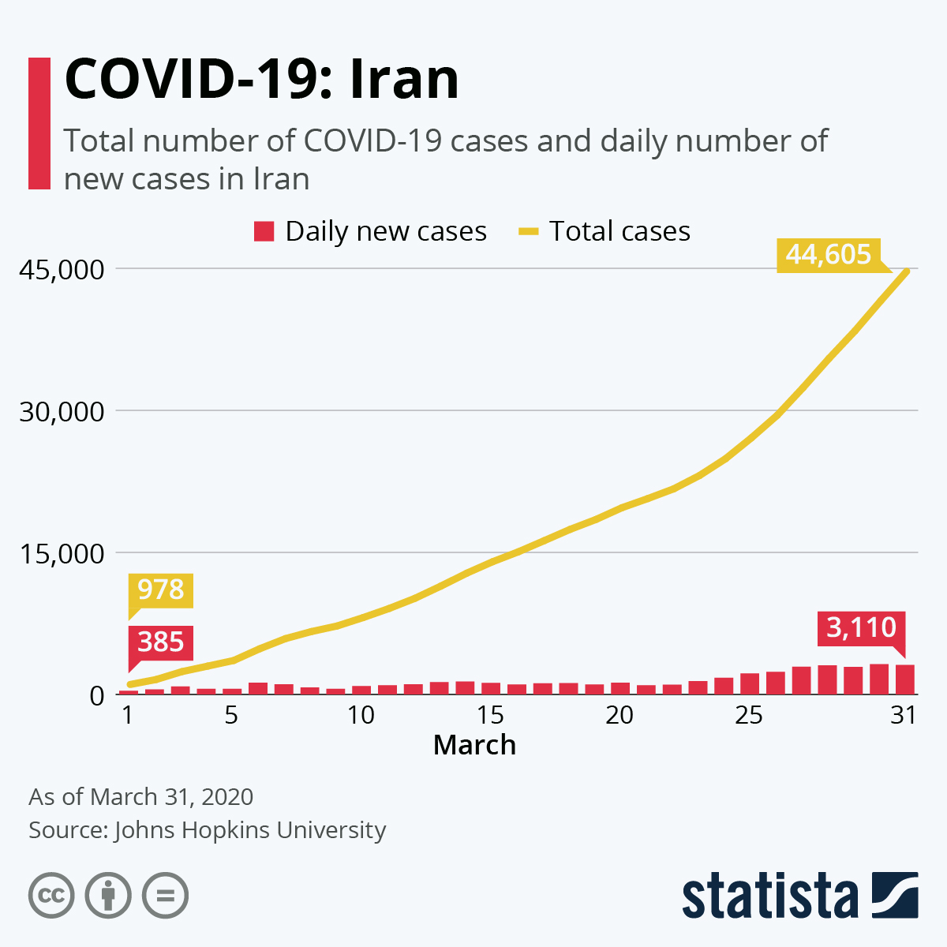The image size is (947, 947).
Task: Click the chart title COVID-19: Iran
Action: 261,80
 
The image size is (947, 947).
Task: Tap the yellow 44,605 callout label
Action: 829,255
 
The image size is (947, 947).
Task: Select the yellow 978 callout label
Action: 160,590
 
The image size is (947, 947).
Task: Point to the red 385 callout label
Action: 160,642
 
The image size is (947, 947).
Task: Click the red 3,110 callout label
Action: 861,628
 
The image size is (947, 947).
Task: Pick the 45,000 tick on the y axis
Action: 62,269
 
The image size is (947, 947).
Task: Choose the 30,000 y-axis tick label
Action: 62,411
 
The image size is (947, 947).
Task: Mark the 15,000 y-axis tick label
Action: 62,553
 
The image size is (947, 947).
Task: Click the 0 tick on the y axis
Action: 97,695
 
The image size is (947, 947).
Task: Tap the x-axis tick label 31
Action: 904,715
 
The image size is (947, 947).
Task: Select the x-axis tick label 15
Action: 489,715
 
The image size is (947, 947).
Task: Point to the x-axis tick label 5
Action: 231,715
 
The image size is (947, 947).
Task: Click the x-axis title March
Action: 474,745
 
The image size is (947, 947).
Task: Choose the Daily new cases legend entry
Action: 370,231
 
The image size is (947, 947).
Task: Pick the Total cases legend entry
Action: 604,231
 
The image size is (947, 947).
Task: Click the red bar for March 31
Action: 905,679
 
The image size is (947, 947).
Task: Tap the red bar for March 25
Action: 750,684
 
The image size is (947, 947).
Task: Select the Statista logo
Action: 799,895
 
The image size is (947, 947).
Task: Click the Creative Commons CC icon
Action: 51,896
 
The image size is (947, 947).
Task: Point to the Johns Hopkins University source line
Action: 207,830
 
